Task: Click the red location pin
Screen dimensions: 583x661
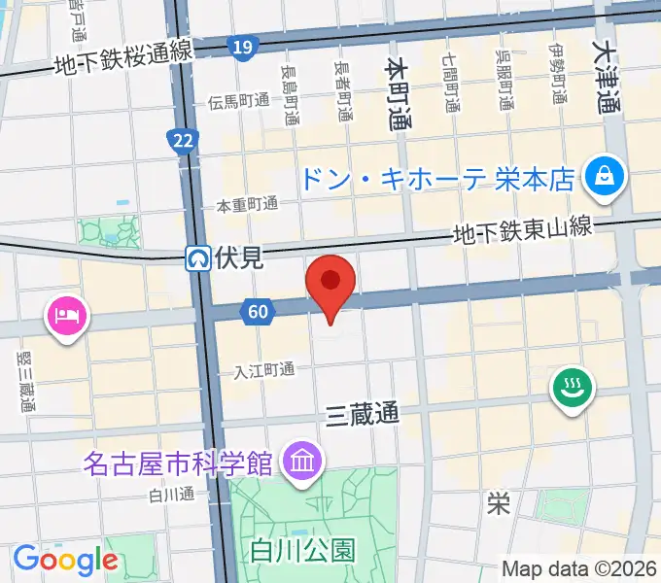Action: [x=330, y=282]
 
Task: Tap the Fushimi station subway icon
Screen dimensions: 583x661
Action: [x=198, y=258]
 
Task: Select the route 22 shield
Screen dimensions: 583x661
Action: [x=181, y=141]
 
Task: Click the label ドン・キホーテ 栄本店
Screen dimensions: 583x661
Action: [x=436, y=179]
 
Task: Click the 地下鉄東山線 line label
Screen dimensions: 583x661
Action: [x=521, y=230]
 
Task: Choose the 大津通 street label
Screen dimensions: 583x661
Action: [x=609, y=74]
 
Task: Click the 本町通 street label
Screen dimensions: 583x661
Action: [x=398, y=93]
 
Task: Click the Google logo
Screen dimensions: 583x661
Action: [x=64, y=560]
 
